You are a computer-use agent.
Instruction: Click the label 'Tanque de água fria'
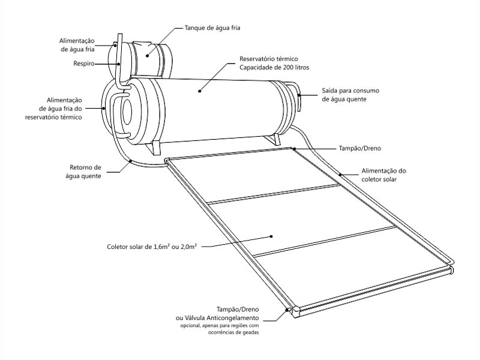point(212,28)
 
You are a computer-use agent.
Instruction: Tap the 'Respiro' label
point(83,64)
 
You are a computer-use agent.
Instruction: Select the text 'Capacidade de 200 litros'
point(274,67)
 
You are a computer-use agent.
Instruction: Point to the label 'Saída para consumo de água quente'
point(350,95)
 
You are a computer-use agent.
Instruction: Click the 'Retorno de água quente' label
point(83,172)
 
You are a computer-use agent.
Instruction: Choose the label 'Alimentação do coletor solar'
point(383,175)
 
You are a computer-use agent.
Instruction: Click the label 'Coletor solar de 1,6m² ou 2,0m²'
point(152,247)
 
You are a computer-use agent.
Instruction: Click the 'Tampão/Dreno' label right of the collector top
point(359,148)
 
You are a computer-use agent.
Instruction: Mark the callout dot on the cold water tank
point(147,56)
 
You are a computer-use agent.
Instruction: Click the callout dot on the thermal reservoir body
point(200,91)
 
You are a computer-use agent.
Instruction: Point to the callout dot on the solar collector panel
point(271,236)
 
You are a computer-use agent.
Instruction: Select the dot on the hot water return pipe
point(130,161)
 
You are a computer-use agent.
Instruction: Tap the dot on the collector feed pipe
point(340,175)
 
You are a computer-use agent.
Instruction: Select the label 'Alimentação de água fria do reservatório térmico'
point(53,109)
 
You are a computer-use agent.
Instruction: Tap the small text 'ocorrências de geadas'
point(233,332)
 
